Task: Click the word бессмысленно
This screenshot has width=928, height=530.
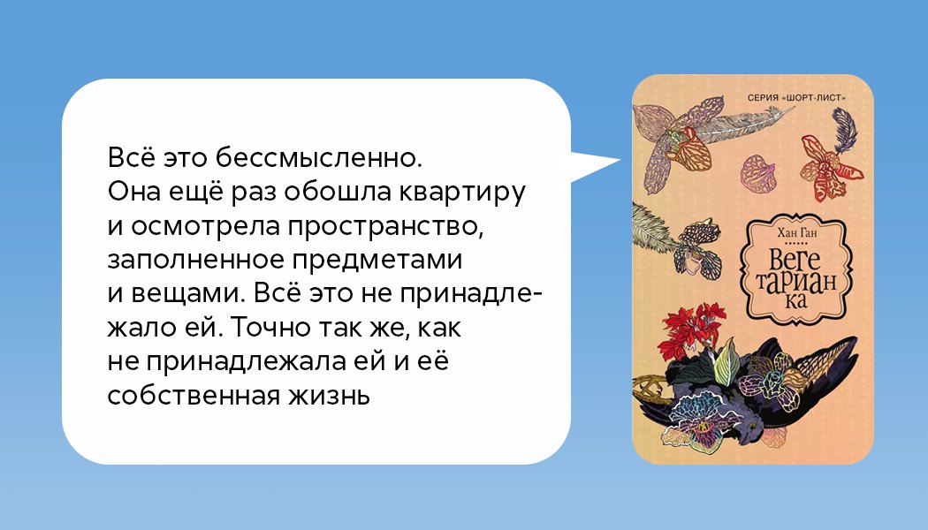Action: coord(318,158)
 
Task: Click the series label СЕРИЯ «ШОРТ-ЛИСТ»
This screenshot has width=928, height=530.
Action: coord(796,97)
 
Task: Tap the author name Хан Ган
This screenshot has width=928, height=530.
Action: coord(796,233)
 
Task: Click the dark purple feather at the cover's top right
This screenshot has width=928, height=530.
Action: coord(845,130)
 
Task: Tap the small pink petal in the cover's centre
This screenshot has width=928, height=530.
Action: coord(758,173)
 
